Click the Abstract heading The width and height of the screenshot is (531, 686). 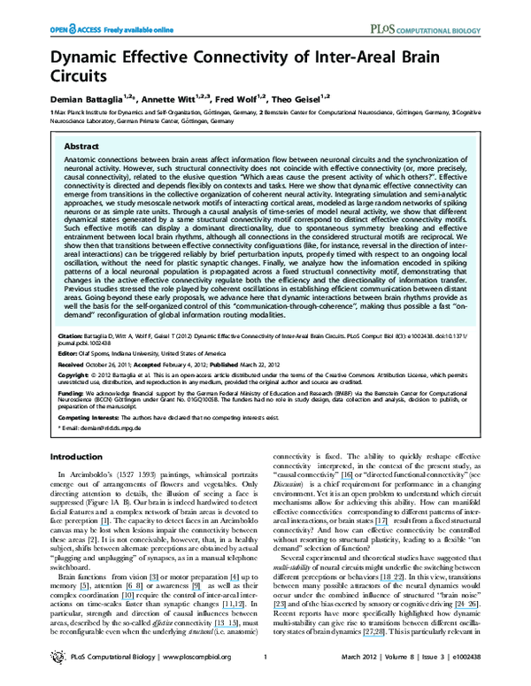tap(81, 147)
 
